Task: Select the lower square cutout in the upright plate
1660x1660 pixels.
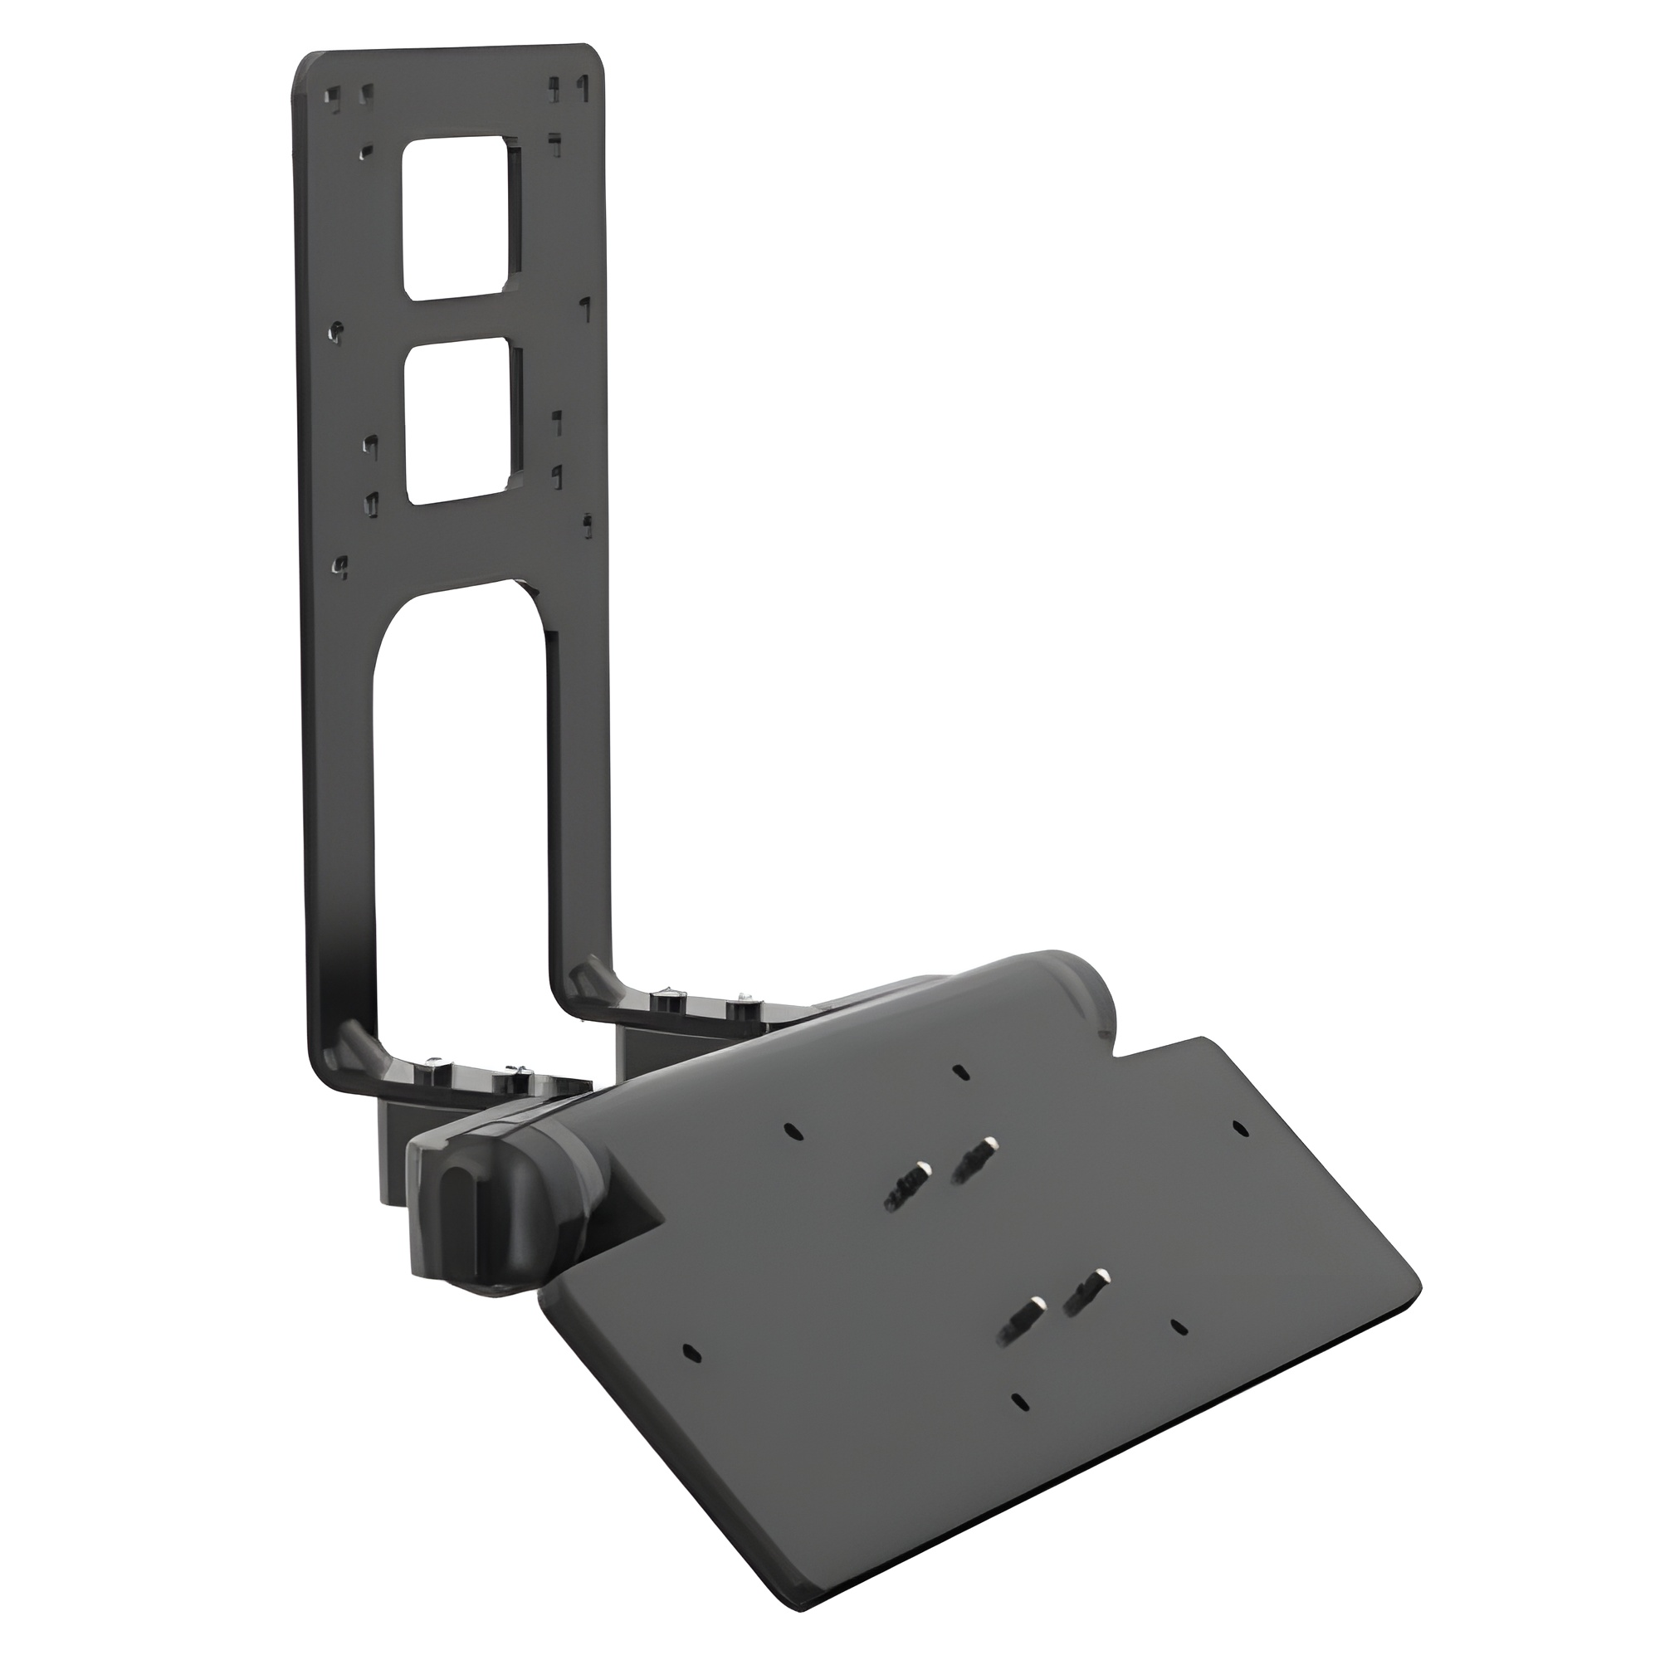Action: point(462,421)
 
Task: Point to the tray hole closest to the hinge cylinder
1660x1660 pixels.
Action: point(959,1072)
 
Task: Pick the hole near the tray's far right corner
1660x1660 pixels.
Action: point(1238,1125)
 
